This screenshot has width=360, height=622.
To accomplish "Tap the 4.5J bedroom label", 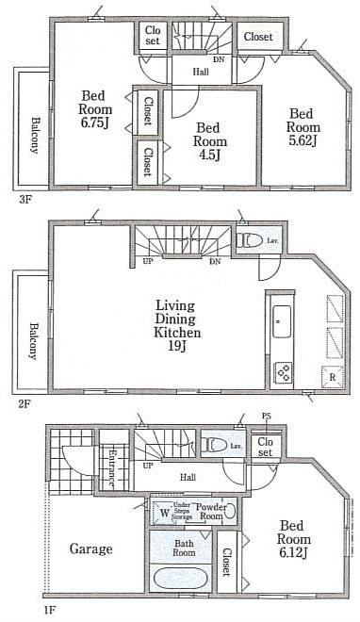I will click(209, 140).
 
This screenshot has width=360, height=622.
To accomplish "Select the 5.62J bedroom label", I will click(303, 125).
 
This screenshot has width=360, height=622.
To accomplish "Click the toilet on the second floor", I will click(249, 240).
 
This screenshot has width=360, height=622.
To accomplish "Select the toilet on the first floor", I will click(215, 445).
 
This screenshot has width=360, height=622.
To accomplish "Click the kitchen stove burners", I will click(282, 371).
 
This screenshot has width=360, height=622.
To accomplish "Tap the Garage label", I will click(90, 548).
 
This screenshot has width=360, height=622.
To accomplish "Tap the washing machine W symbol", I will click(164, 514).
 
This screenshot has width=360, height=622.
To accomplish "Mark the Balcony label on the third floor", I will click(34, 132).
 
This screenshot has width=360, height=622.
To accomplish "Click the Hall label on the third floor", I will click(202, 71).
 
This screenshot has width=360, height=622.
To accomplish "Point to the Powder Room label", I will click(210, 511).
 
